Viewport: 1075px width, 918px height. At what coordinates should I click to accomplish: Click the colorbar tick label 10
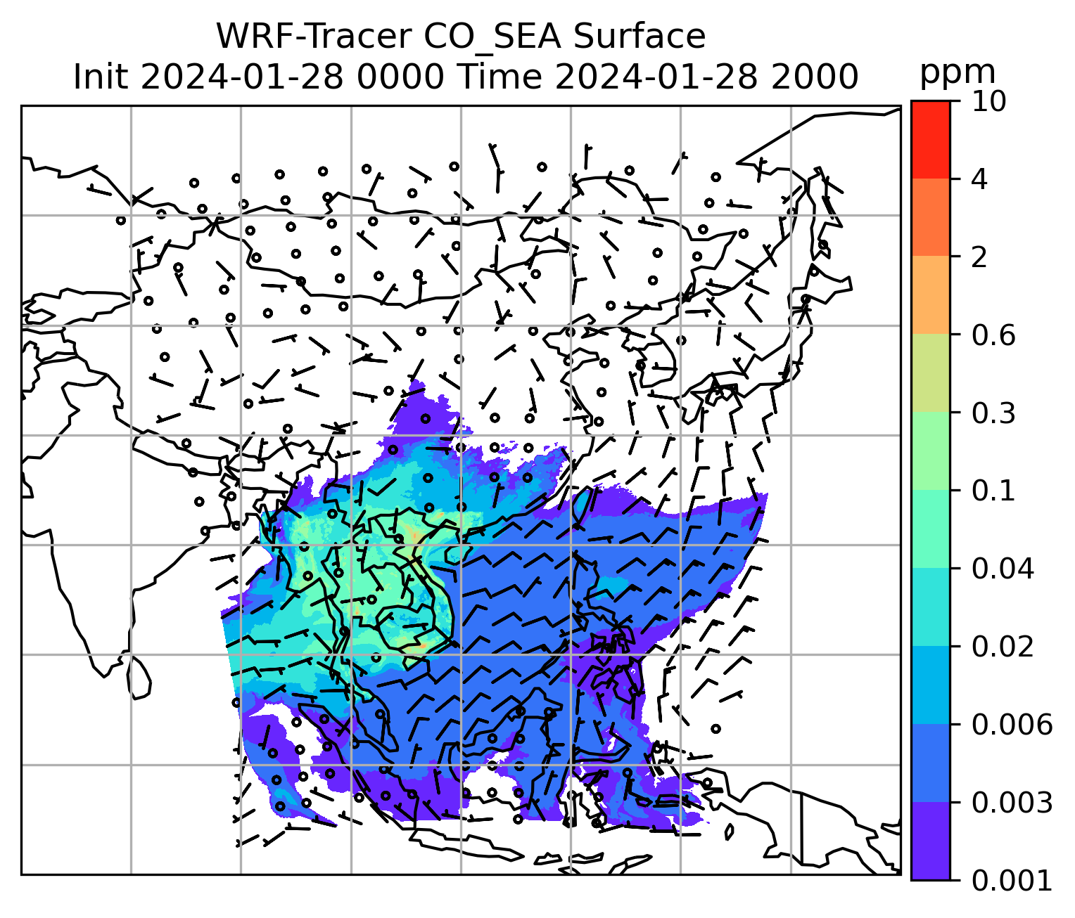(x=988, y=102)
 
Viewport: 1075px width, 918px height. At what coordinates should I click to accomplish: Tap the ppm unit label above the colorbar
(x=958, y=72)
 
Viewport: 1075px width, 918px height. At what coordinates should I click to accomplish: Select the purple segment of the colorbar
(x=930, y=841)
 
